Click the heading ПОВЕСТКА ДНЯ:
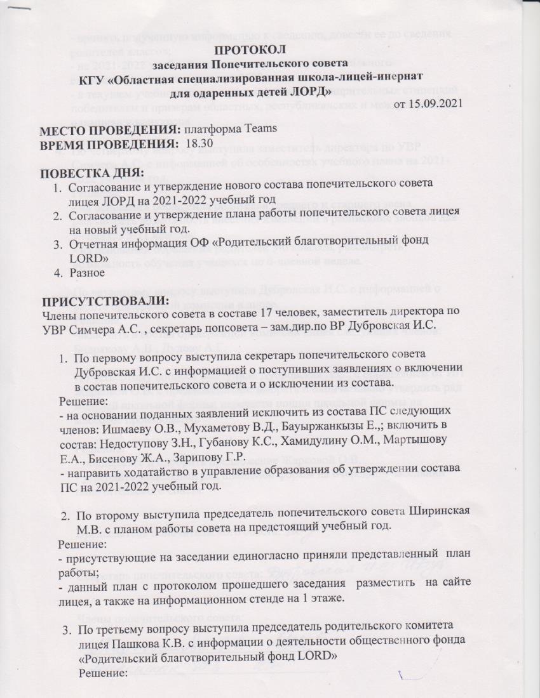[x=92, y=173]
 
